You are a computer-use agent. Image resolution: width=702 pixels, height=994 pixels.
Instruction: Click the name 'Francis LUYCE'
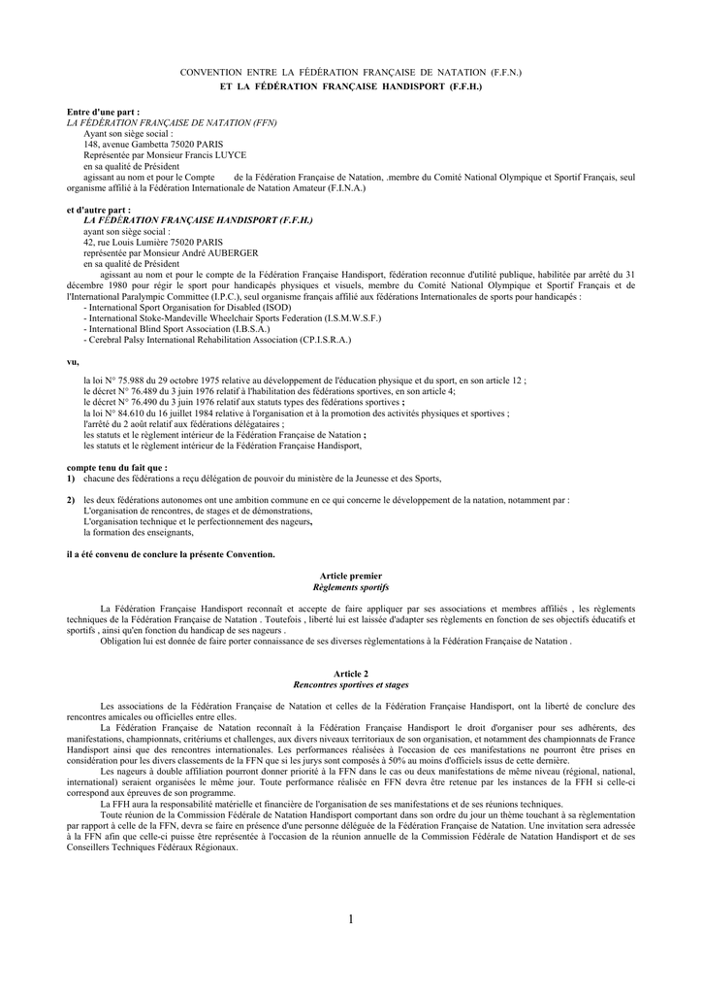click(x=219, y=155)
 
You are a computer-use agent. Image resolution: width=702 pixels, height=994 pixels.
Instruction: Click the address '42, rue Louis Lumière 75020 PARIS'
click(x=153, y=242)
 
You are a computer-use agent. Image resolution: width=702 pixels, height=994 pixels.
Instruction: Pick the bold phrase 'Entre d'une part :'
click(x=103, y=113)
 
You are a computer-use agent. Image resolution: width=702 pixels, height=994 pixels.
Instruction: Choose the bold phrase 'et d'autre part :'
click(x=98, y=210)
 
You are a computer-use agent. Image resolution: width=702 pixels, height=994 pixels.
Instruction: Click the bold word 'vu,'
click(x=72, y=361)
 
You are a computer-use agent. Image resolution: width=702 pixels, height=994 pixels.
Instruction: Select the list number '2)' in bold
click(x=72, y=500)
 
